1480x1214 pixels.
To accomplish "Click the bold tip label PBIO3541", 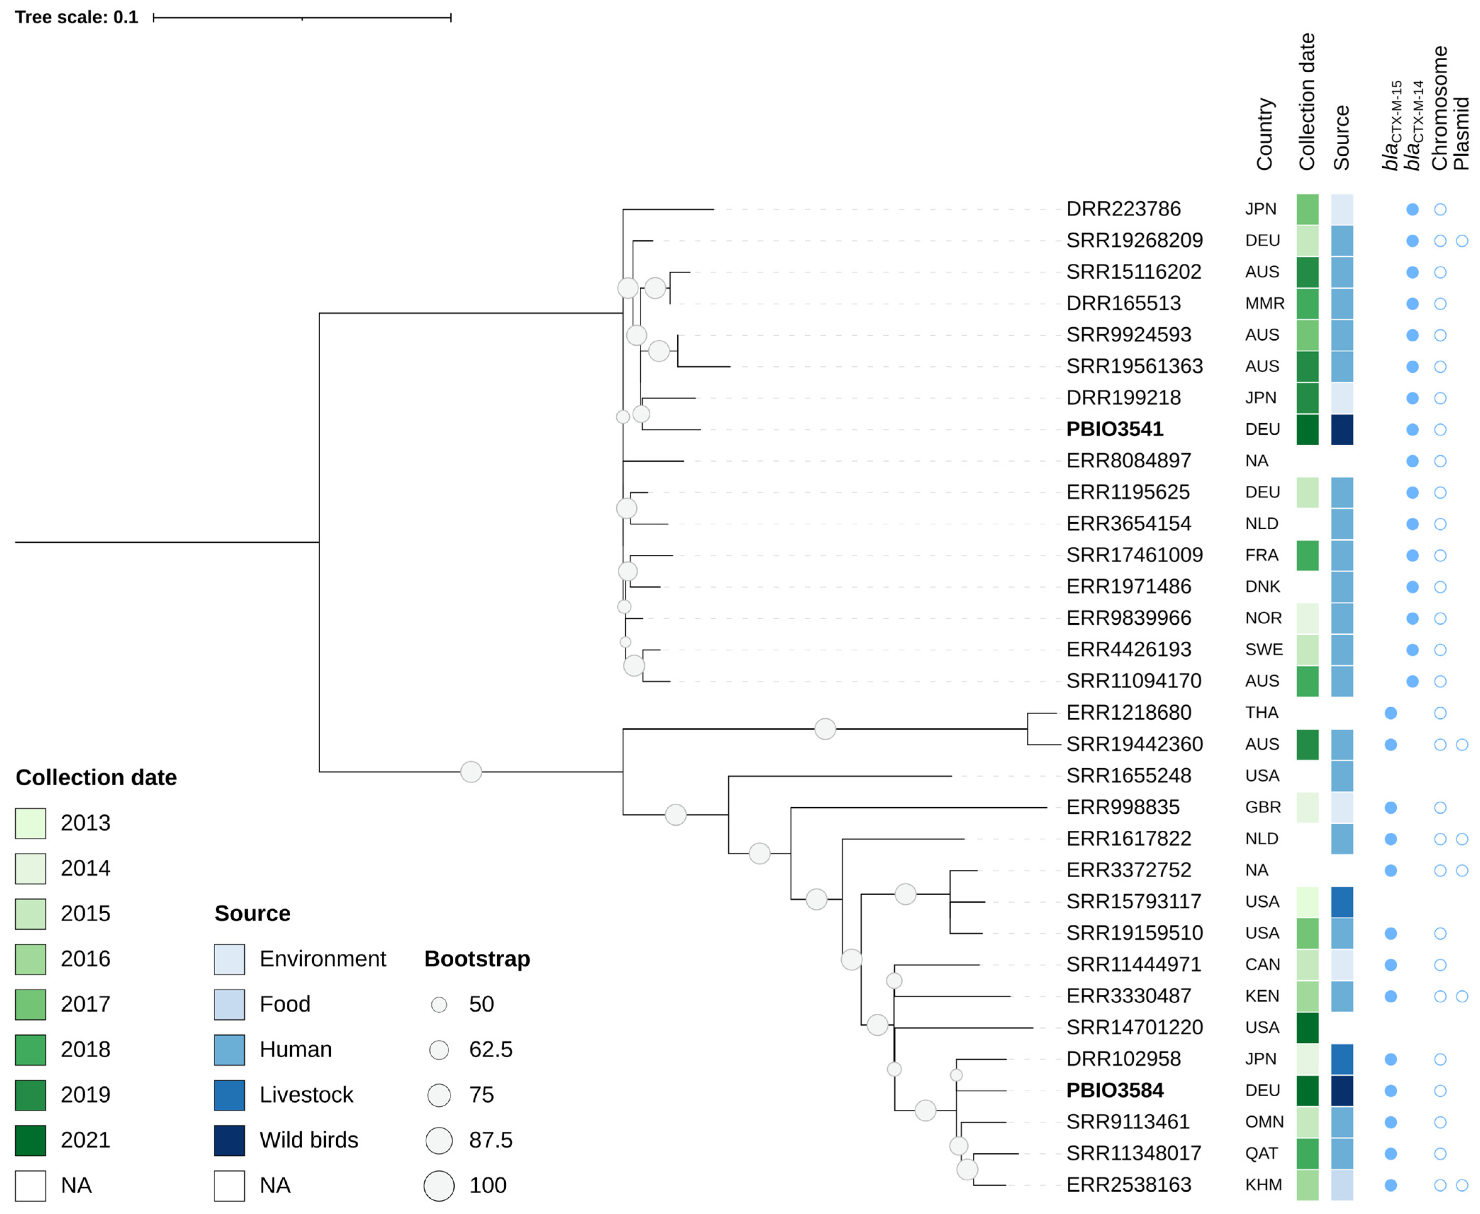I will coord(1114,429).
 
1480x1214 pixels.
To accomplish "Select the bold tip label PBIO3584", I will coord(1114,1090).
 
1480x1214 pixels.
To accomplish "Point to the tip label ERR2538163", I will coord(1128,1185).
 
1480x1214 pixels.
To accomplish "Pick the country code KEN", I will coord(1262,996).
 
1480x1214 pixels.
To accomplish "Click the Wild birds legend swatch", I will coord(229,1140).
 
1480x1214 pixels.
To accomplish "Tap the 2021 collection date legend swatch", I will coord(31,1140).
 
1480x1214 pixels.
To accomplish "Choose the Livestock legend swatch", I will coord(229,1095).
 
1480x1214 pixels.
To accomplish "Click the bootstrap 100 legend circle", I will coord(439,1185).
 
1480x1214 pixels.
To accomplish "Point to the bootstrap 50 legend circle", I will coord(439,1005).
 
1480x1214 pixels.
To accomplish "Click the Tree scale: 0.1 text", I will coord(76,17).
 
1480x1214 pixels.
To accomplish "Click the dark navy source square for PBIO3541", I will coord(1341,429).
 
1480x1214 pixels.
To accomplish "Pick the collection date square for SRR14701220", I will coord(1307,1027).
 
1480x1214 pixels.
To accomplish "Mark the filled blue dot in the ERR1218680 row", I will coord(1391,713).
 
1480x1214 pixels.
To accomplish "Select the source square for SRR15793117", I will coord(1341,901).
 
